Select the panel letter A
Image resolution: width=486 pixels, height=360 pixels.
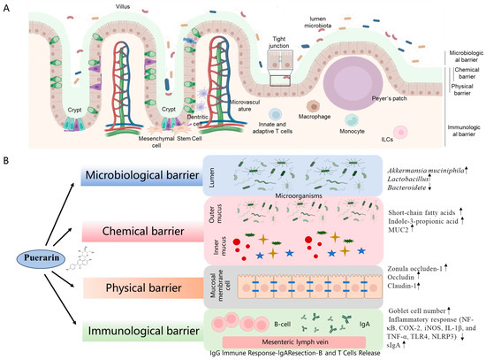(7, 7)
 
